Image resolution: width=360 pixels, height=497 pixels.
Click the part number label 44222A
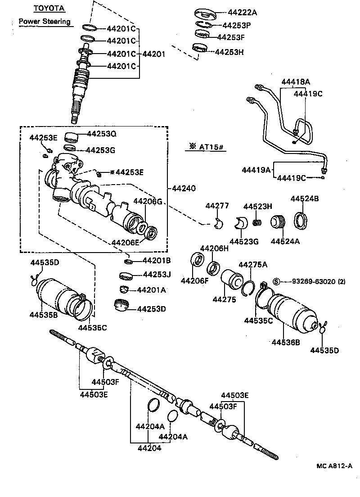[236, 12]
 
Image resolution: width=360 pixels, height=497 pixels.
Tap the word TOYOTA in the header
[49, 8]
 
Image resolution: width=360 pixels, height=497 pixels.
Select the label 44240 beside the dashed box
[183, 188]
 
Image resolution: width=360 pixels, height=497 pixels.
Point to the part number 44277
[217, 206]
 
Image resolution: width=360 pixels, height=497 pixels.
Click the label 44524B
[305, 198]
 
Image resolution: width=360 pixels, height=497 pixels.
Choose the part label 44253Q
[101, 134]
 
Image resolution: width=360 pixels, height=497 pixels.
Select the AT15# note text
[210, 147]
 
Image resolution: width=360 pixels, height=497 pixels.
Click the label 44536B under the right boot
[286, 343]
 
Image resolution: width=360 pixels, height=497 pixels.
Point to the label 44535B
[44, 315]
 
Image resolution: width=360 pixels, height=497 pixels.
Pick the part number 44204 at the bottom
[149, 448]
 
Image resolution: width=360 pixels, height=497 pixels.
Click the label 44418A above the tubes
[296, 82]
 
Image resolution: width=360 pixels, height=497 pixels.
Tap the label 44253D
[152, 309]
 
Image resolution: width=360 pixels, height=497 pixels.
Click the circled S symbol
[276, 281]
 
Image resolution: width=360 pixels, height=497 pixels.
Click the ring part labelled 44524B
[301, 221]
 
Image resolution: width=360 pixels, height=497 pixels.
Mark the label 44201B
[156, 260]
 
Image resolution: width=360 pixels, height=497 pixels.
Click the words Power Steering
[45, 21]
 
